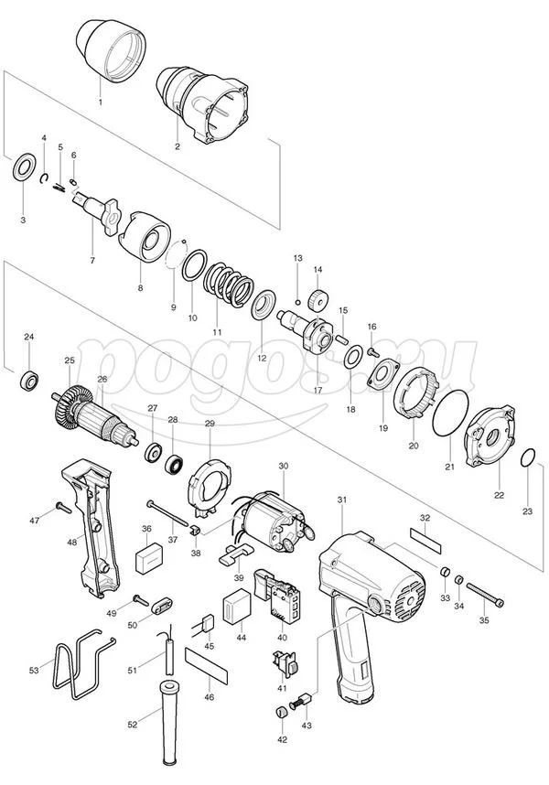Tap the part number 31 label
pos(342,500)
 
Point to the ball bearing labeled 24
pos(29,381)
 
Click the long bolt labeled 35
pos(485,595)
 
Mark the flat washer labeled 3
pos(24,167)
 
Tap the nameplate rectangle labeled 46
pos(206,665)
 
